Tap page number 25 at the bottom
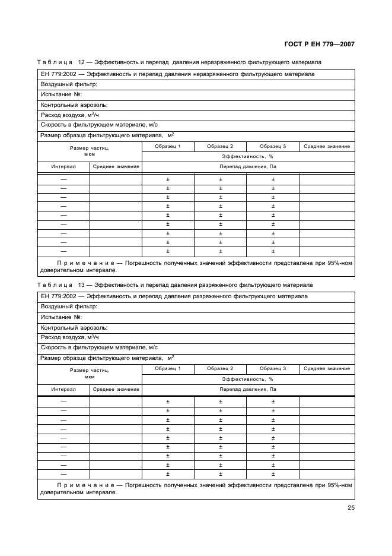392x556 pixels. coord(350,508)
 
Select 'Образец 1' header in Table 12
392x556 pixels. coord(167,146)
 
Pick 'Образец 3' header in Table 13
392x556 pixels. coord(273,369)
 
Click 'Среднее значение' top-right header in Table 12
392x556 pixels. coord(327,146)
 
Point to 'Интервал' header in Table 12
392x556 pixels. coord(63,167)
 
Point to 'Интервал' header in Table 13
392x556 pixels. coord(63,390)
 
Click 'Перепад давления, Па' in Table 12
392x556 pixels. coord(248,167)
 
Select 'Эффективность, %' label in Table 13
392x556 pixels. coord(247,378)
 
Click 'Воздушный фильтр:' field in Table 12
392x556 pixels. coord(69,84)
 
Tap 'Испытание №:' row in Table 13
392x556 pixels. coord(61,317)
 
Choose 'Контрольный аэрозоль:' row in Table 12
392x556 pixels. coord(74,105)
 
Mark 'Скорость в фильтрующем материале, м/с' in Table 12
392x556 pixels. coord(99,125)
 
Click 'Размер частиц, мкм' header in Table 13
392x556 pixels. coord(90,372)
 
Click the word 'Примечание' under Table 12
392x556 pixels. coord(85,262)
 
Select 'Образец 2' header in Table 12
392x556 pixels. coord(220,146)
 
